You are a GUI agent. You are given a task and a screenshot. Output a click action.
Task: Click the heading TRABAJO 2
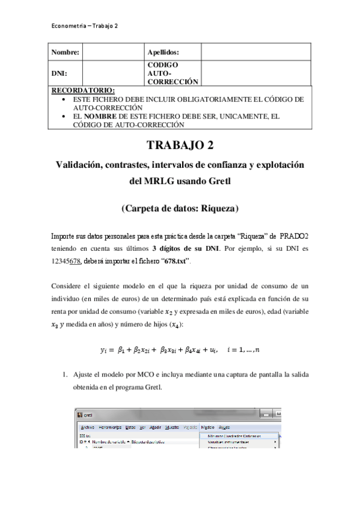[180, 146]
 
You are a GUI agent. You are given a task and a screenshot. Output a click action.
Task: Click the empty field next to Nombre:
[113, 52]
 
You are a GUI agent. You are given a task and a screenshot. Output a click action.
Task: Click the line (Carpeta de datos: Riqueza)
[180, 209]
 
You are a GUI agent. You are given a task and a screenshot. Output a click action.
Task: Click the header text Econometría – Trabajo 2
[85, 26]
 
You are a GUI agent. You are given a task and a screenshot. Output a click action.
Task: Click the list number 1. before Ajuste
[67, 374]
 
